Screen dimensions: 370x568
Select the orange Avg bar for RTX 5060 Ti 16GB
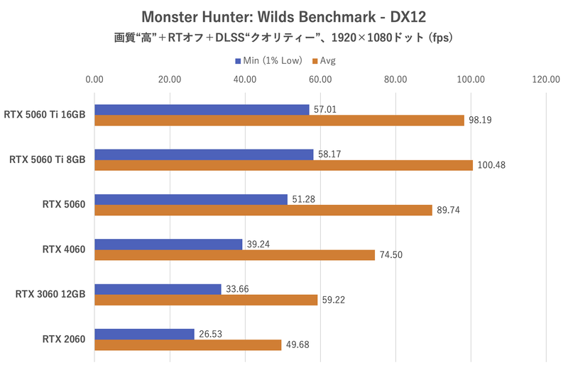279,120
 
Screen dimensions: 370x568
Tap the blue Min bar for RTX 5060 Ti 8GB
204,155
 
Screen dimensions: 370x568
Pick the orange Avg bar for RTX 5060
263,210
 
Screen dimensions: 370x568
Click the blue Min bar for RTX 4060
168,244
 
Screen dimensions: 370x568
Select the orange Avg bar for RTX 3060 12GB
206,300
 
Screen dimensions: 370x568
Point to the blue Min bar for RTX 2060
144,334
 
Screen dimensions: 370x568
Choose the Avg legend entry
324,60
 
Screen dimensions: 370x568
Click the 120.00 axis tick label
547,79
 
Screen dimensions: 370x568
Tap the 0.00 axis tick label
94,79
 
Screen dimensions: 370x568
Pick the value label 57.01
327,109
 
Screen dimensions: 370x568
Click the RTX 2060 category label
64,340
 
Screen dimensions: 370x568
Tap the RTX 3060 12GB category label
50,294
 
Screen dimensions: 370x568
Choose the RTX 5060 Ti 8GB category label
48,159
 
